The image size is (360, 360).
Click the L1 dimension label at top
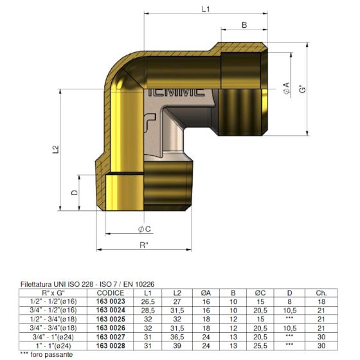[x=206, y=9]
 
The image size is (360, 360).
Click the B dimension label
[x=245, y=25]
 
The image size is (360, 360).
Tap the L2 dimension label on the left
[x=56, y=149]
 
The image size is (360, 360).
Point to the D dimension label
[x=74, y=192]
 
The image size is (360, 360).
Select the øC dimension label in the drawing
[x=144, y=230]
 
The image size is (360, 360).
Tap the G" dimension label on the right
[x=301, y=90]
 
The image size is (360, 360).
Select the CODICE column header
[x=110, y=292]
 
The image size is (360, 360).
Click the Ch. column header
[x=321, y=292]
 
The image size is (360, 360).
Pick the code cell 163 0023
[x=110, y=301]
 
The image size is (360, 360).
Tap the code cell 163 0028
[x=110, y=345]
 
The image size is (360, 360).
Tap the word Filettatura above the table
[x=38, y=283]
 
